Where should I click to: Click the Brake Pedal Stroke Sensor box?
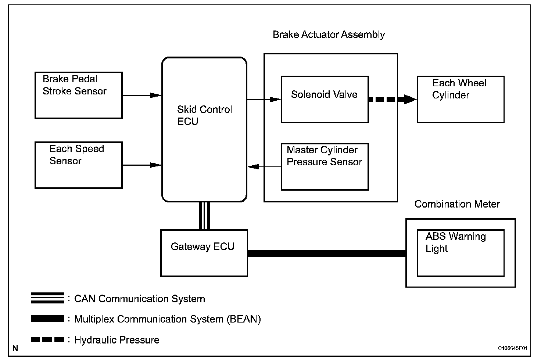(78, 95)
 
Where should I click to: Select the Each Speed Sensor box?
(78, 165)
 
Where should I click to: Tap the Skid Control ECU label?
(204, 115)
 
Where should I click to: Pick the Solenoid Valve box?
(325, 99)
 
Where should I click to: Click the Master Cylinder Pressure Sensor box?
(325, 166)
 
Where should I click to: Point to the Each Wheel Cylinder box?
(460, 99)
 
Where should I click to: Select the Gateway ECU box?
(204, 253)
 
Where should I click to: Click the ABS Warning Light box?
(460, 253)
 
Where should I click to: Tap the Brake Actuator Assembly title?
(329, 35)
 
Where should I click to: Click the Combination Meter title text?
(457, 204)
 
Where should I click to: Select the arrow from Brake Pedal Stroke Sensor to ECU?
(141, 95)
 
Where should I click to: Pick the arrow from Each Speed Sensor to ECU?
(141, 165)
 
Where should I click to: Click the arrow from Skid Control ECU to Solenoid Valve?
(264, 99)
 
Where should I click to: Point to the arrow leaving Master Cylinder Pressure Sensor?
(264, 167)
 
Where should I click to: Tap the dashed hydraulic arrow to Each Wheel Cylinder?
(392, 99)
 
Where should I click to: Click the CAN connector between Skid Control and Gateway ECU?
(204, 216)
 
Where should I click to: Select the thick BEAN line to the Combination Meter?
(326, 253)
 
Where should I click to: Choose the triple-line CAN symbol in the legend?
(47, 298)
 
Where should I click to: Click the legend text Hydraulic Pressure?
(117, 340)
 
